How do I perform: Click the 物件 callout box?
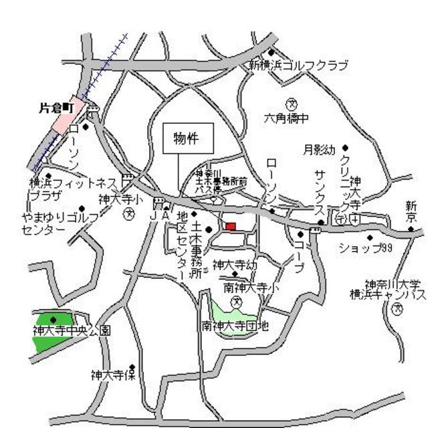(189, 139)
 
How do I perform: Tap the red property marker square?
(231, 227)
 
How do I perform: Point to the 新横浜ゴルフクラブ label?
(298, 66)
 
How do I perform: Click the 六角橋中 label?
(286, 118)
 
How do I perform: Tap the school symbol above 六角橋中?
(292, 103)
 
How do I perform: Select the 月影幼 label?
(319, 150)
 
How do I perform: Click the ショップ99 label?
(364, 248)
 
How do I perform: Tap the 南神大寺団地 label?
(235, 326)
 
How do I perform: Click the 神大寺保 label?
(112, 375)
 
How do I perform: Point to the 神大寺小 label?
(120, 199)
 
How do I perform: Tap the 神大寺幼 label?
(234, 264)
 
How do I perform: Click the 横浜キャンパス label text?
(388, 294)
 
